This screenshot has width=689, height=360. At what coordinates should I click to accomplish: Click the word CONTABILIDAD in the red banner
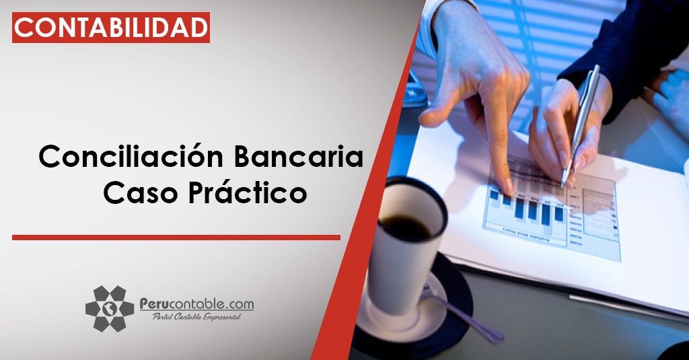point(111,28)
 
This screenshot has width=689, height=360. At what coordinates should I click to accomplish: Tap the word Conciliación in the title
point(131,156)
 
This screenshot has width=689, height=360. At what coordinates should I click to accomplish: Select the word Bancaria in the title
point(298,157)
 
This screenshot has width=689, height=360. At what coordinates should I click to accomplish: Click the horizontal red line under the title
point(176,238)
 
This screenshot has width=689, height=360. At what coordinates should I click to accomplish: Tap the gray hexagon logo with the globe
point(110,309)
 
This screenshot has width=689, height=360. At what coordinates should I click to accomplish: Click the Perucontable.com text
point(196,304)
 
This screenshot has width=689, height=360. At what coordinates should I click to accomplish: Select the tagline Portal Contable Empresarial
point(196,317)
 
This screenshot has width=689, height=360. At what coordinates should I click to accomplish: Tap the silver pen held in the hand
point(580,126)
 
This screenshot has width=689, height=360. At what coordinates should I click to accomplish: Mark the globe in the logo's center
point(110,309)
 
